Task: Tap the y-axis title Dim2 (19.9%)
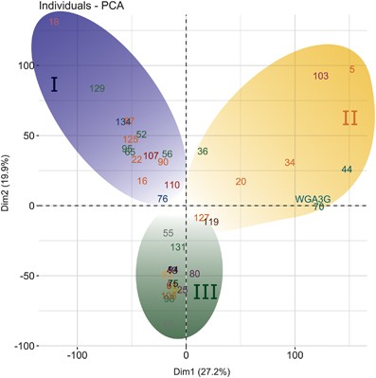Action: [x=8, y=180]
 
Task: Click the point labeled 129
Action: [x=97, y=89]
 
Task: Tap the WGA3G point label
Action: [x=313, y=199]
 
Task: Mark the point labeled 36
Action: [x=202, y=152]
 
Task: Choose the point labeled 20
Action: [x=241, y=181]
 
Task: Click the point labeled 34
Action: [x=289, y=163]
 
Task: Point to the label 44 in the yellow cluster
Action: [x=347, y=170]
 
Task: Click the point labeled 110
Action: [x=171, y=186]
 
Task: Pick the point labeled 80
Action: [x=194, y=274]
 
